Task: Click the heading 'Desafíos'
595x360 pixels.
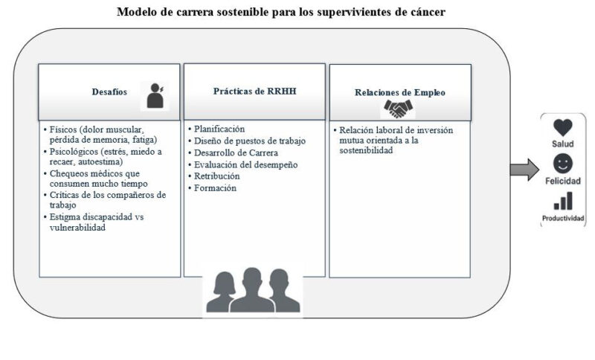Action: [x=109, y=91]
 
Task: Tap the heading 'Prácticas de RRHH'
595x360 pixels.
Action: [x=254, y=91]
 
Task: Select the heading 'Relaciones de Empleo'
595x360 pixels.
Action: [x=400, y=92]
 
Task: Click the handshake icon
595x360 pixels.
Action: [x=398, y=109]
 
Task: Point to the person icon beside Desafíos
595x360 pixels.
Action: [x=155, y=96]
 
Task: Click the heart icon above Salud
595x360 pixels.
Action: [x=563, y=127]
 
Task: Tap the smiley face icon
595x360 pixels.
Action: [x=563, y=164]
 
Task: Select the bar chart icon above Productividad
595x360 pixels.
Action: [x=563, y=201]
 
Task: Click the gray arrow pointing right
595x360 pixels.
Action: [x=524, y=170]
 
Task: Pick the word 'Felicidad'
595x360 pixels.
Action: [x=563, y=181]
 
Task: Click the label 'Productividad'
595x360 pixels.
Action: [x=563, y=218]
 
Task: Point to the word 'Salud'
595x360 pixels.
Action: [x=563, y=144]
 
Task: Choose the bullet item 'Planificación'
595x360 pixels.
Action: [x=219, y=129]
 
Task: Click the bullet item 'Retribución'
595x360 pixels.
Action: [x=217, y=176]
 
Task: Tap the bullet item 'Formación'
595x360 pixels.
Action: [x=215, y=187]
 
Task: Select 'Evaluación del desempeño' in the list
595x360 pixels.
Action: [x=246, y=164]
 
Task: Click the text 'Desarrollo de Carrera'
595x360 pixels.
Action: [x=236, y=153]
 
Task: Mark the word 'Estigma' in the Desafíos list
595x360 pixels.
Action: [x=65, y=217]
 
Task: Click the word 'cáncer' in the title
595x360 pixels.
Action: [x=428, y=12]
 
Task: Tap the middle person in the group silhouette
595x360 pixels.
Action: [x=252, y=290]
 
